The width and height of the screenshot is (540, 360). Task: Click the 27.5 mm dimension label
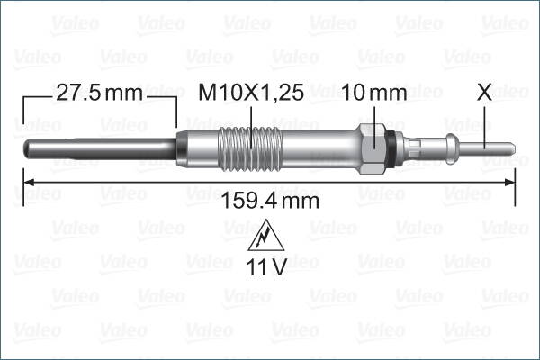pos(99,94)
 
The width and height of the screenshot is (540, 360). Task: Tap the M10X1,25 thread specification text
pos(255,94)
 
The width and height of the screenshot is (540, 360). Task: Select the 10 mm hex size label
pos(374,94)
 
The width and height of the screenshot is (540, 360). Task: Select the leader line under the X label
pos(486,121)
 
